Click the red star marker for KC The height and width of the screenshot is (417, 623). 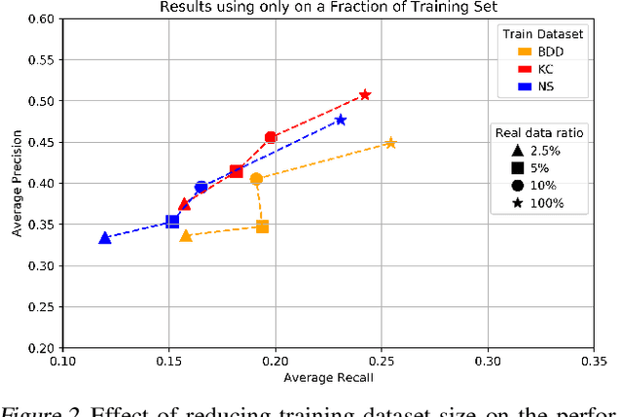click(365, 94)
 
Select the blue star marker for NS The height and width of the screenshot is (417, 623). click(341, 120)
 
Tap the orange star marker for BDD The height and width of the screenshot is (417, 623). click(390, 143)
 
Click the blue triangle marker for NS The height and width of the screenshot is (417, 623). click(105, 238)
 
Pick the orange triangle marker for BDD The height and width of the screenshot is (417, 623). click(186, 236)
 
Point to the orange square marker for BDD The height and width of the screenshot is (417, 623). click(262, 226)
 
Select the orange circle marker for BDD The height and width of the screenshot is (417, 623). click(256, 179)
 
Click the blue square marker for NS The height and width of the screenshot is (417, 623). click(172, 222)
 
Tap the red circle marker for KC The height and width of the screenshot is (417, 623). click(271, 137)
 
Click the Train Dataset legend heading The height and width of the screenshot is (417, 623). click(542, 34)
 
